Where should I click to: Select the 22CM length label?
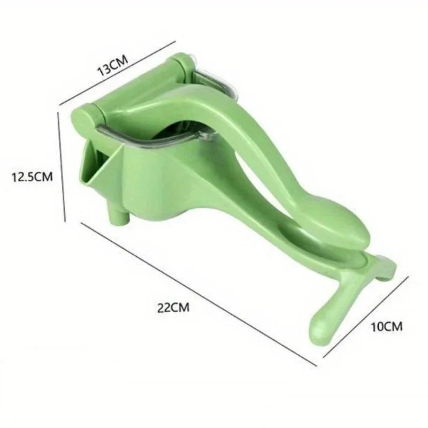click(x=173, y=307)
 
